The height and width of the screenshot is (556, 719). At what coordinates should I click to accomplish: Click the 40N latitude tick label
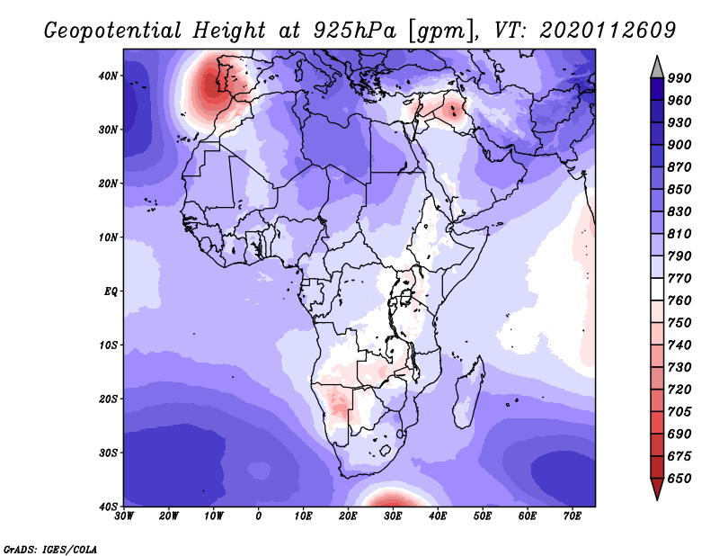coord(108,76)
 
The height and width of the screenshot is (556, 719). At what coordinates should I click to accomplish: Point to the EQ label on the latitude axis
coord(111,291)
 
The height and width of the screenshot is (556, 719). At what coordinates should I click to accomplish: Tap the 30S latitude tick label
coord(108,453)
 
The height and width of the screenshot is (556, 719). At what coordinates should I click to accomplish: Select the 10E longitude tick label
coord(303,516)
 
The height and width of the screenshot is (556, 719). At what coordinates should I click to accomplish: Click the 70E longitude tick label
coord(572,516)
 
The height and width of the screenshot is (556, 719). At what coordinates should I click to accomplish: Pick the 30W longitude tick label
coord(124,516)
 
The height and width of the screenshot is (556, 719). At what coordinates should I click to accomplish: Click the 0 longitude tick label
coord(259,516)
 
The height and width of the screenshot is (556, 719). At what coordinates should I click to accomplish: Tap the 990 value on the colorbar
coord(679,78)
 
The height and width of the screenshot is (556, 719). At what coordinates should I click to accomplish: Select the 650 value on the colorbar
coord(679,479)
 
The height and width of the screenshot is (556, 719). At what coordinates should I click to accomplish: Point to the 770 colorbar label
coord(679,278)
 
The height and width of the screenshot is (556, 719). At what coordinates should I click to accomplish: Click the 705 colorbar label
coord(679,412)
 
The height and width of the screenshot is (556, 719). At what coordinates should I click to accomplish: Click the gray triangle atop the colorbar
coord(657,69)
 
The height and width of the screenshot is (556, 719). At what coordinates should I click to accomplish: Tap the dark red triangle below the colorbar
coord(657,488)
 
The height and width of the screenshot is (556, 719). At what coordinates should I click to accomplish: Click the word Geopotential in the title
coord(113,31)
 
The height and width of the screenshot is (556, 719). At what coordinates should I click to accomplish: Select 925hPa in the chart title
coord(355,31)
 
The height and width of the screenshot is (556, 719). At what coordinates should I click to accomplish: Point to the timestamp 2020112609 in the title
coord(608,31)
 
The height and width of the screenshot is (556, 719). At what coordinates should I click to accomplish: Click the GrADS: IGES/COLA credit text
coord(50,550)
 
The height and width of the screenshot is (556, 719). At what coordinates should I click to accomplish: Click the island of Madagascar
coord(467,395)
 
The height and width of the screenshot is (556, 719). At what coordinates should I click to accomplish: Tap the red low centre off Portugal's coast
coord(209,85)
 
